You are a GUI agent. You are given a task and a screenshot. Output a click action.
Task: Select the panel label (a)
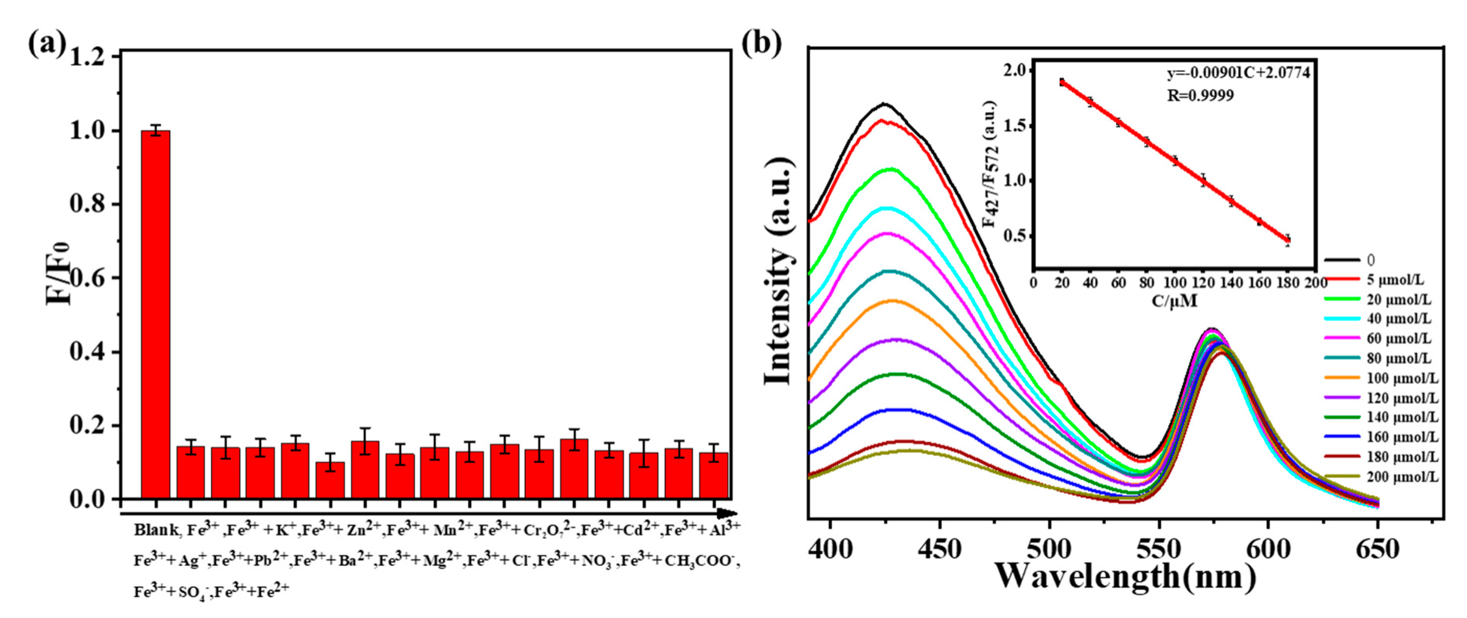(x=47, y=44)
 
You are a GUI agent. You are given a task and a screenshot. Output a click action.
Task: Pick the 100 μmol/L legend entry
(x=1402, y=378)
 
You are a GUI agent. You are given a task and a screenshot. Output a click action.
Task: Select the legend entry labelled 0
(x=1371, y=260)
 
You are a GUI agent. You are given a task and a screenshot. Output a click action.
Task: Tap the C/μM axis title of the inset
(x=1174, y=301)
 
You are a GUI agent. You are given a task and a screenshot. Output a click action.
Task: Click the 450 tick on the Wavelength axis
(x=940, y=550)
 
